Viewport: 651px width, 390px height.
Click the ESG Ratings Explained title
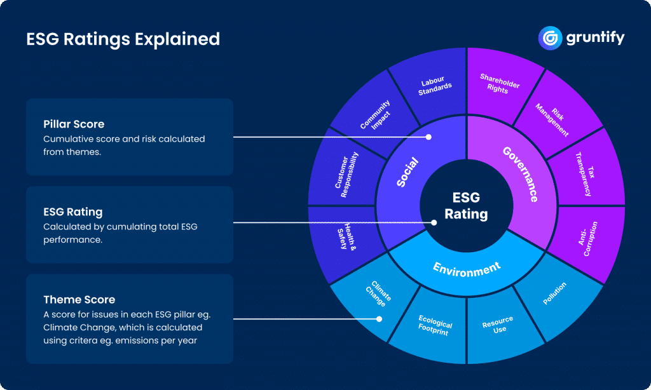pyautogui.click(x=123, y=39)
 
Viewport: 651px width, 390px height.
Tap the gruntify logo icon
pyautogui.click(x=549, y=37)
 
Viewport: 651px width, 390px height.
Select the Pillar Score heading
pyautogui.click(x=74, y=124)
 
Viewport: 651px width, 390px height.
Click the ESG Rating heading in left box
pyautogui.click(x=72, y=212)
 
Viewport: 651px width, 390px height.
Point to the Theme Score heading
pyautogui.click(x=79, y=300)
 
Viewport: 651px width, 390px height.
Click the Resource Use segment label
pyautogui.click(x=498, y=324)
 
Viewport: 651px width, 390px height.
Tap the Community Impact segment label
pyautogui.click(x=375, y=113)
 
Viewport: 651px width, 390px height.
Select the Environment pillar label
pyautogui.click(x=467, y=268)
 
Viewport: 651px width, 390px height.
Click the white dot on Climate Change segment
pyautogui.click(x=380, y=319)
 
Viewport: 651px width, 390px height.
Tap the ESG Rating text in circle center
pyautogui.click(x=466, y=205)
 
